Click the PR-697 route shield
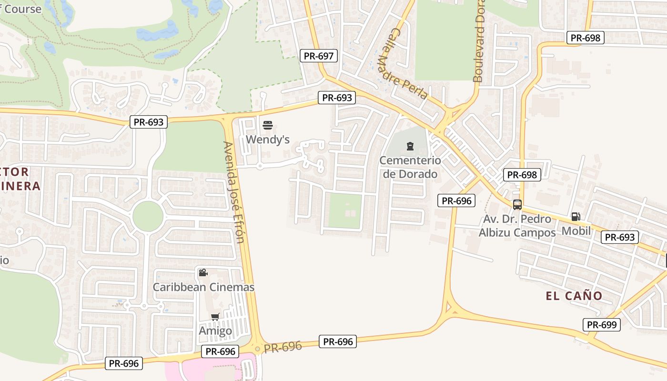point(319,56)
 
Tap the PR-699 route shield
point(602,325)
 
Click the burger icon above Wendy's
point(268,126)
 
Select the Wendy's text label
point(268,140)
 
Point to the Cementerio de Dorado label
point(410,167)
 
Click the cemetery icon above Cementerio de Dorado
point(410,146)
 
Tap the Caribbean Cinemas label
point(203,287)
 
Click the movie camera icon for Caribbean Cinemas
point(203,272)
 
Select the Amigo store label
point(215,331)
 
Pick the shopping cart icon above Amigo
point(215,317)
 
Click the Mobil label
point(576,231)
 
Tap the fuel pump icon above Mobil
point(576,217)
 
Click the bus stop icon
point(517,205)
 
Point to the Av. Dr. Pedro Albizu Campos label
point(517,226)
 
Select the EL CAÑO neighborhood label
point(574,296)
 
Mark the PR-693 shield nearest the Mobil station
point(619,237)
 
